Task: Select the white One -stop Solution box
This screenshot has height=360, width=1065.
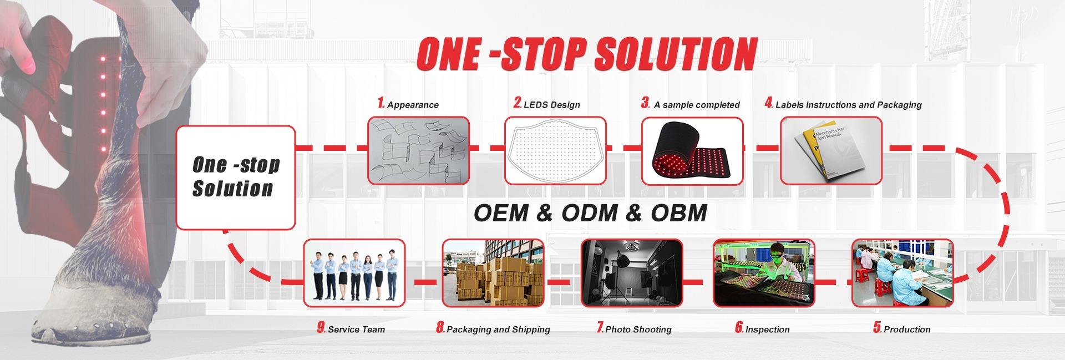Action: pos(236,178)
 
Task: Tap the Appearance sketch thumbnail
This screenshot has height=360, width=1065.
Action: pos(419,150)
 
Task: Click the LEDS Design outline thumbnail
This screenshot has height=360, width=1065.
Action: pos(555,150)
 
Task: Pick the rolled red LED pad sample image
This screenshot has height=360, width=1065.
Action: pos(692,150)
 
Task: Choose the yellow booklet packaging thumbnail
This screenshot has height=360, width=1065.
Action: pos(831,150)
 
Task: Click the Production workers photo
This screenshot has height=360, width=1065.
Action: pos(902,272)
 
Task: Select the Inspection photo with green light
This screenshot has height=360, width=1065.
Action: pos(764,272)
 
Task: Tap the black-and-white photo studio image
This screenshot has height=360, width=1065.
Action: pos(632,272)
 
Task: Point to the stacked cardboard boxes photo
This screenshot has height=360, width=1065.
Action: pos(493,272)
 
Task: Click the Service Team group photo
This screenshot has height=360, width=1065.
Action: pos(354,272)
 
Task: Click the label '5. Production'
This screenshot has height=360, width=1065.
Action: pos(902,328)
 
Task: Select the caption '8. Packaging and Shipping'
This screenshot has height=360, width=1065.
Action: pos(493,328)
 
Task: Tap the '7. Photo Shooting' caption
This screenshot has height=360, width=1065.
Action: pos(634,328)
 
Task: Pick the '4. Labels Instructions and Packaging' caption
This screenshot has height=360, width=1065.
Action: pos(843,104)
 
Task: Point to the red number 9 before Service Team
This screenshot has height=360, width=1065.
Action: pos(321,328)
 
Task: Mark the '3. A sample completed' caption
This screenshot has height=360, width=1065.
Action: pos(691,104)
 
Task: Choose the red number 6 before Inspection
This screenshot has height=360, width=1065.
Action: pos(739,328)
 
